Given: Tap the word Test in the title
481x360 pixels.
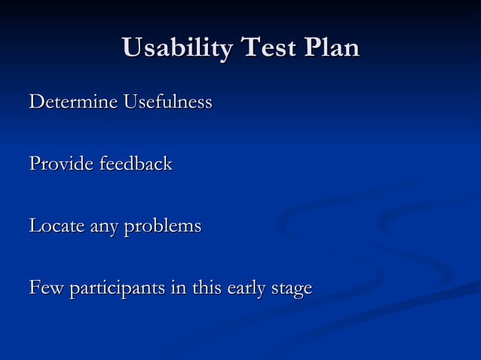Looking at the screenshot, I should [x=267, y=50].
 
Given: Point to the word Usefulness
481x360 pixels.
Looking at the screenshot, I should [x=167, y=101].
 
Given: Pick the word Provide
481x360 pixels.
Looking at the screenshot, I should [x=60, y=163].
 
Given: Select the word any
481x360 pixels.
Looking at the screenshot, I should [x=106, y=227].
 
